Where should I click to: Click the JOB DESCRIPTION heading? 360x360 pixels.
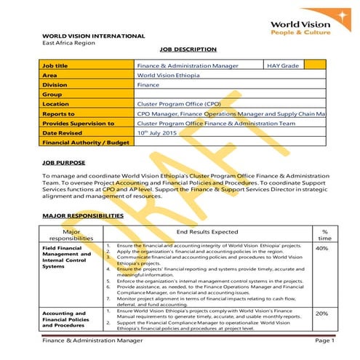(188, 49)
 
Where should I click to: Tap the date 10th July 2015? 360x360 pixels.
(157, 133)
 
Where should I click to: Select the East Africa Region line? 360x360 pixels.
(69, 43)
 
